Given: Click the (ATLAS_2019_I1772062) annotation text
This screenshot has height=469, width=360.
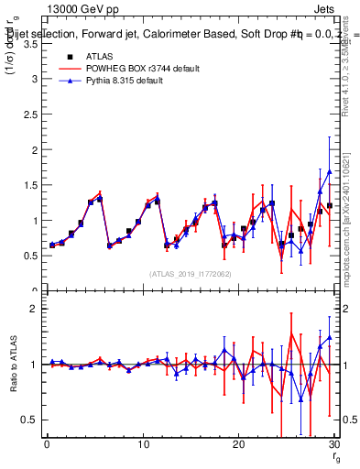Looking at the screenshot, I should pyautogui.click(x=191, y=274).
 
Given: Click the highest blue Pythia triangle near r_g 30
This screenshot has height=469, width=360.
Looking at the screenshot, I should pyautogui.click(x=330, y=171).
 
